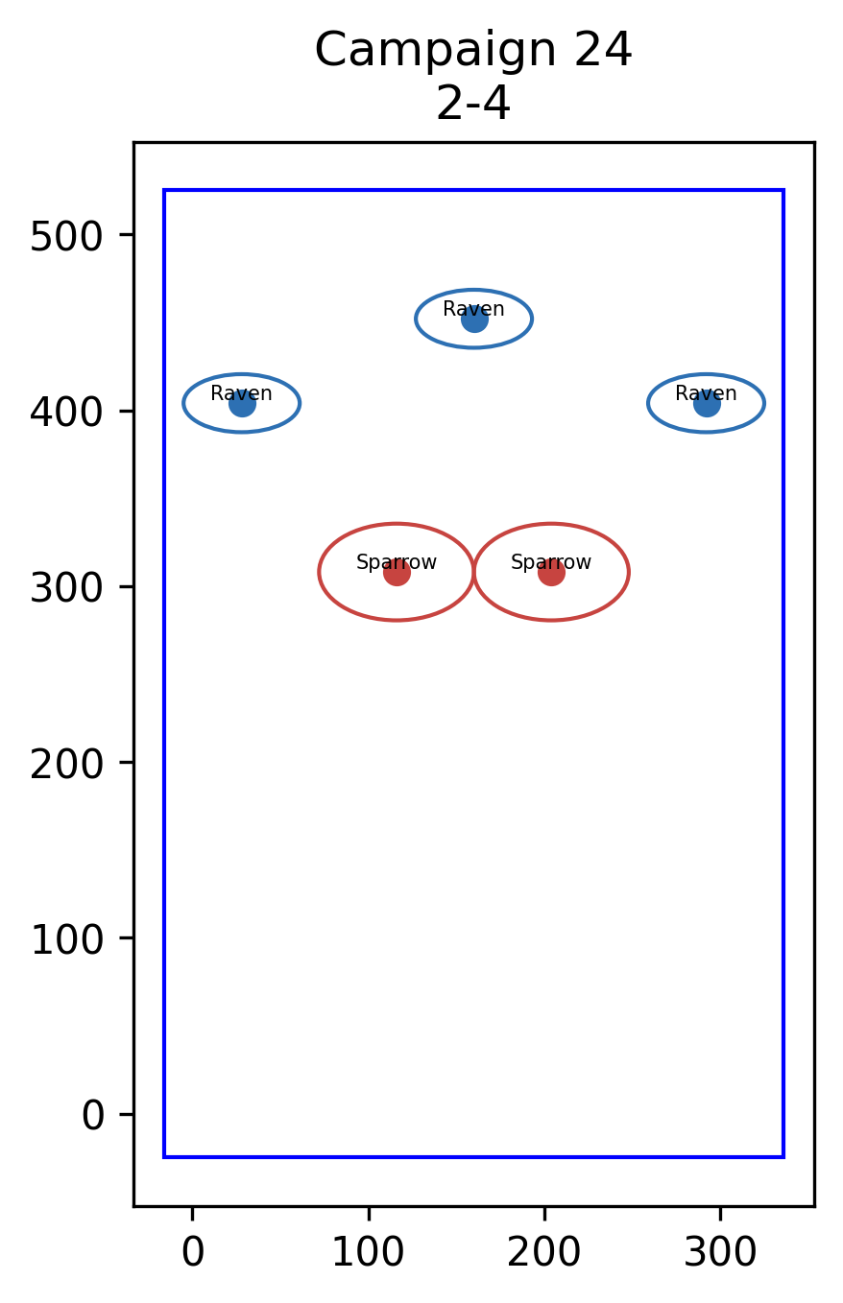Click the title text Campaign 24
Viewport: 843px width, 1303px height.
coord(472,51)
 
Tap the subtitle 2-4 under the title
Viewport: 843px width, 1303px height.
coord(472,105)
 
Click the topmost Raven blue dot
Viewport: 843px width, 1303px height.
coord(474,320)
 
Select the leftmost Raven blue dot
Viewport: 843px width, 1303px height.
coord(242,403)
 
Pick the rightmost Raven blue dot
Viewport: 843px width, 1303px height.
coord(707,403)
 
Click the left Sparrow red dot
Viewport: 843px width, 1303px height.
coord(397,573)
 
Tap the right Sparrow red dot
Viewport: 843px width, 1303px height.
coord(551,573)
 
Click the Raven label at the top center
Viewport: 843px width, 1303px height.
coord(473,309)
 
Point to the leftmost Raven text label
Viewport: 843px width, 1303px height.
coord(241,393)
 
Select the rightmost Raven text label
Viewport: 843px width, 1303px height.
coord(706,393)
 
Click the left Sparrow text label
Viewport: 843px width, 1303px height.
coord(396,562)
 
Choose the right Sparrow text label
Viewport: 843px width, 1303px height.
coord(551,562)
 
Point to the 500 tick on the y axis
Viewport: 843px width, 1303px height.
coord(66,237)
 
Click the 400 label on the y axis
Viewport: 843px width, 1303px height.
coord(66,414)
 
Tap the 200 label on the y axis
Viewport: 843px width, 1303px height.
coord(66,765)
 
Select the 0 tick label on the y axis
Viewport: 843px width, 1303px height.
coord(92,1116)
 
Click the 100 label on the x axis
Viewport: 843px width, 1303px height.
coord(368,1252)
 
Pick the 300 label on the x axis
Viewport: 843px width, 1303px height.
coord(720,1252)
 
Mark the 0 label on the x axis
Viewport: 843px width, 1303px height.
coord(193,1252)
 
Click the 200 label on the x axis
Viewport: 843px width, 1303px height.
coord(543,1252)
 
